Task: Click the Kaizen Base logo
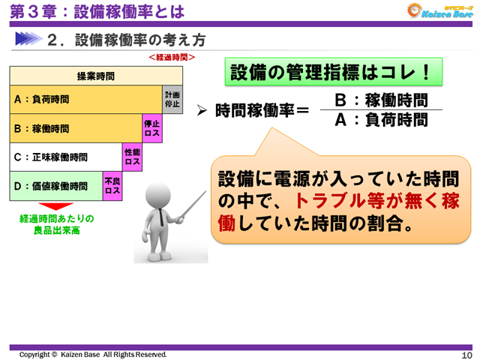439,10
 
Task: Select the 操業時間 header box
96,76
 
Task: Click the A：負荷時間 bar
85,99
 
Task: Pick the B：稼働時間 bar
76,128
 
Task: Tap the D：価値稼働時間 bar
56,186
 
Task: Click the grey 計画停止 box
172,99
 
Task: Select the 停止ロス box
152,128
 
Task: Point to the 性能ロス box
132,157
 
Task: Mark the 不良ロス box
112,186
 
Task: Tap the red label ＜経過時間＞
172,57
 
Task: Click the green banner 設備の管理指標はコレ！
331,72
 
